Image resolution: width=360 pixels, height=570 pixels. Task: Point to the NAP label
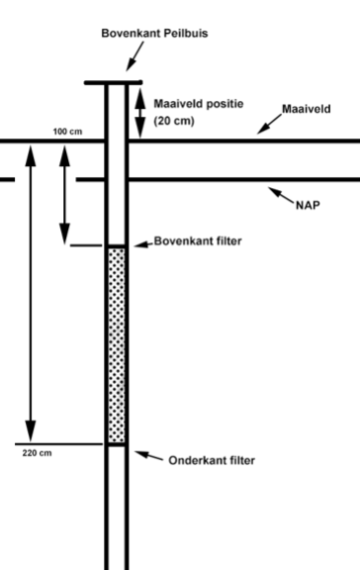click(x=308, y=209)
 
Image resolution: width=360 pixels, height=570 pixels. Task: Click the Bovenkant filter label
click(x=198, y=240)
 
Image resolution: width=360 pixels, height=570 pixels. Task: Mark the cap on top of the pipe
click(x=114, y=82)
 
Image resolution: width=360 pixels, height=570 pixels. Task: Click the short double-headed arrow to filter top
click(x=66, y=194)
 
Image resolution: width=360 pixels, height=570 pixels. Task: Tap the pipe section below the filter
click(x=117, y=505)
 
